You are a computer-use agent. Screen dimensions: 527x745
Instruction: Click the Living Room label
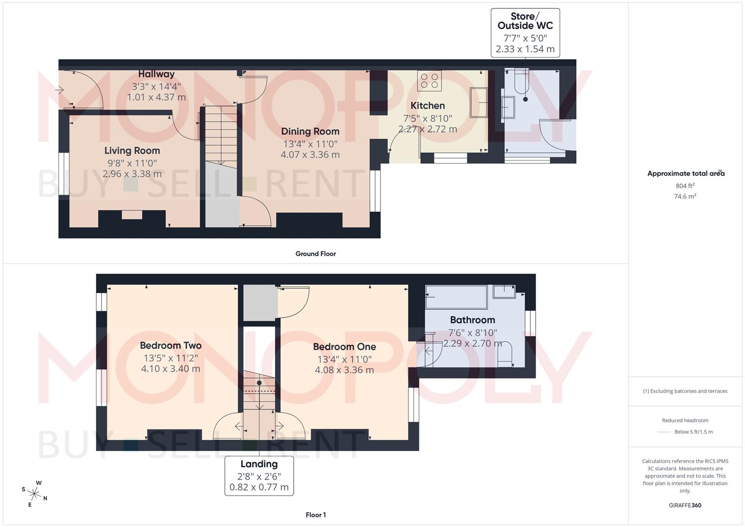(x=132, y=151)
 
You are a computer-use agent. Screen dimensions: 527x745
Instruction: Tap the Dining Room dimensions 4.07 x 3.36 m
(x=310, y=155)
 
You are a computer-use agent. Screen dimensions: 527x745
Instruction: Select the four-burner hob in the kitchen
(x=429, y=81)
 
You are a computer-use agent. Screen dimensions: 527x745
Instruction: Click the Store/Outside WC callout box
(x=525, y=33)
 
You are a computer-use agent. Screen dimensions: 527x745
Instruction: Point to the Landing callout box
(x=259, y=476)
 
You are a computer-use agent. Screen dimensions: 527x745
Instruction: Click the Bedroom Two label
(x=170, y=345)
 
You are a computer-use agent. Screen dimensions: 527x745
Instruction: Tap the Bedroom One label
(x=344, y=347)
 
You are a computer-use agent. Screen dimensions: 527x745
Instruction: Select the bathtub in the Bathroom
(x=456, y=297)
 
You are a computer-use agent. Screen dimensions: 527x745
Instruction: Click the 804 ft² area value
(x=685, y=186)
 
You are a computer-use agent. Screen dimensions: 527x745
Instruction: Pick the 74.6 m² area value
(x=685, y=197)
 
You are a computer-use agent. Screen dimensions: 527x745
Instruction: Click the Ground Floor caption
(x=315, y=254)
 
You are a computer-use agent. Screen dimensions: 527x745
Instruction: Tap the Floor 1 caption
(x=315, y=515)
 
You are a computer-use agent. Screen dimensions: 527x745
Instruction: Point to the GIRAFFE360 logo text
(x=685, y=506)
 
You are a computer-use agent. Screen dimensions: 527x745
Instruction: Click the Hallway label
(x=156, y=74)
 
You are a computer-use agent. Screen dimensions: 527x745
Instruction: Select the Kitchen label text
(x=427, y=106)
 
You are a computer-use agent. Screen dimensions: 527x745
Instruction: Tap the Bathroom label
(x=472, y=320)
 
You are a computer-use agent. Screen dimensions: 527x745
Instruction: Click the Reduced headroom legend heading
(x=685, y=421)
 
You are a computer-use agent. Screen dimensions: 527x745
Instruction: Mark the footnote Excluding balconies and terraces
(x=685, y=391)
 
